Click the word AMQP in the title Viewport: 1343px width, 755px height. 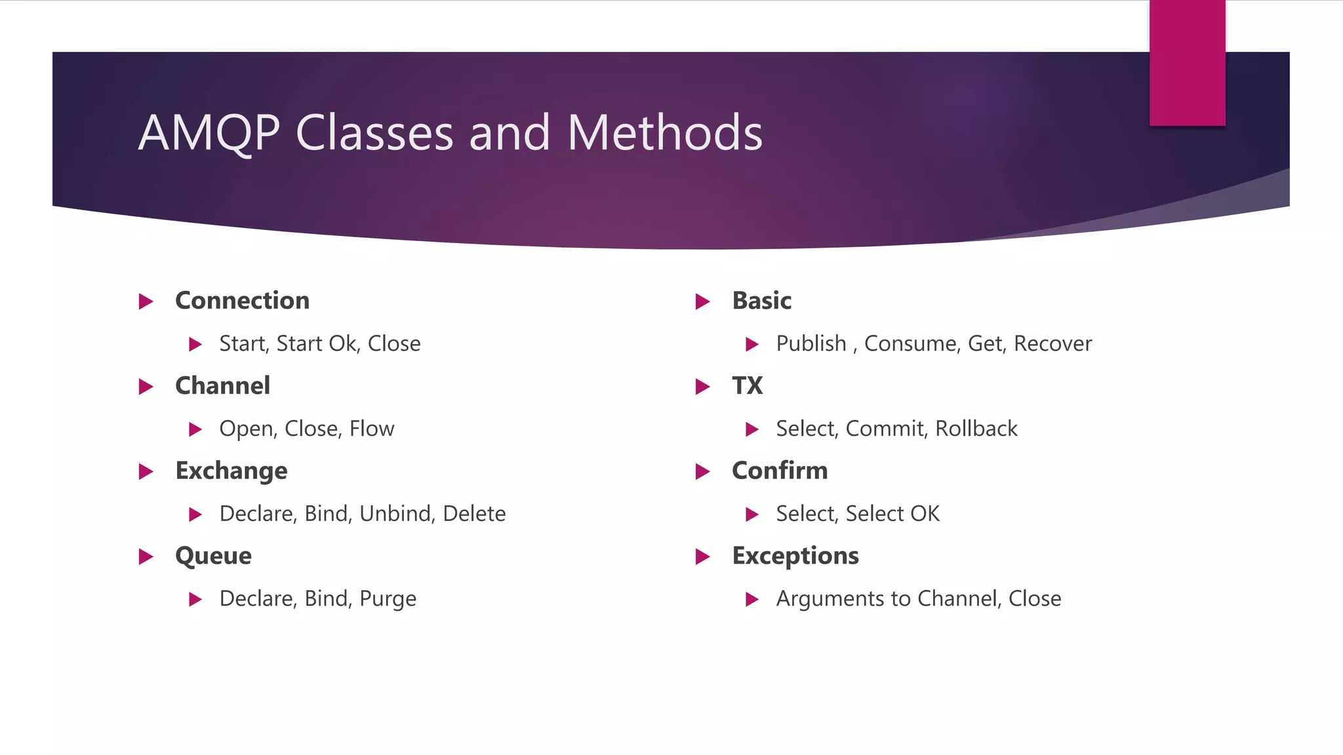click(209, 133)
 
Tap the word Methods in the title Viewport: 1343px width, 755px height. click(665, 133)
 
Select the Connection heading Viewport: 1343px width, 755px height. click(242, 301)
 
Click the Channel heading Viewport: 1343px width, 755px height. click(222, 386)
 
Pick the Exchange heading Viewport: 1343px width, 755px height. click(231, 471)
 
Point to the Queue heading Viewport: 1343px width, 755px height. click(213, 556)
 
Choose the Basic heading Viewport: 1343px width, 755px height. click(761, 301)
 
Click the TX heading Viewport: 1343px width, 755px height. click(747, 386)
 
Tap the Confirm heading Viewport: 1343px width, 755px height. click(780, 471)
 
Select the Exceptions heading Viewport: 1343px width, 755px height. click(795, 556)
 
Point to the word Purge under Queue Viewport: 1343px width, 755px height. click(388, 599)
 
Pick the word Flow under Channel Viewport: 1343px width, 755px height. click(372, 429)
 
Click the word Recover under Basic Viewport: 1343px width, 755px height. click(1052, 343)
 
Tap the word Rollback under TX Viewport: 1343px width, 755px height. click(976, 429)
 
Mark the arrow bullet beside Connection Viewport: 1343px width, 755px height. click(146, 301)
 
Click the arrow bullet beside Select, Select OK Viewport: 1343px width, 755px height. click(752, 514)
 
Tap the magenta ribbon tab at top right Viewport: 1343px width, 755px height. click(1187, 62)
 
